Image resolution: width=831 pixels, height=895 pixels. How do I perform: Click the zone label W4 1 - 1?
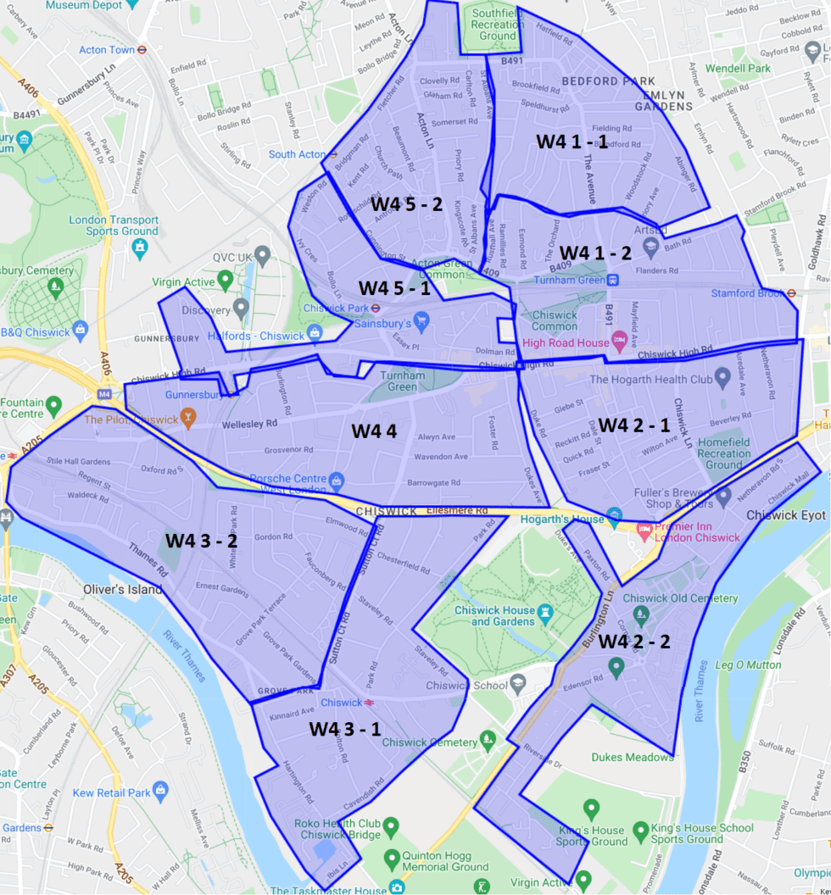[x=572, y=142]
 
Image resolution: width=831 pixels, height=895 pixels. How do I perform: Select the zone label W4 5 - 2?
[x=406, y=204]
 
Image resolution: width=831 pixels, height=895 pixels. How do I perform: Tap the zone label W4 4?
[x=374, y=431]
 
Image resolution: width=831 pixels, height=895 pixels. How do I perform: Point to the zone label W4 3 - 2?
[x=200, y=540]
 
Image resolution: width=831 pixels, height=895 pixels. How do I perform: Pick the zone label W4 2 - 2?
[x=634, y=642]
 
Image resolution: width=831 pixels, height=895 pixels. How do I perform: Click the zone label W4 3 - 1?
[x=344, y=728]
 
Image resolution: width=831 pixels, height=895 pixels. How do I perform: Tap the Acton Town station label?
[x=107, y=50]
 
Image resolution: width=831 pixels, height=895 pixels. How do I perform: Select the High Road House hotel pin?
[x=621, y=342]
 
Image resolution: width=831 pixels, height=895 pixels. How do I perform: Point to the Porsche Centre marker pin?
[x=337, y=481]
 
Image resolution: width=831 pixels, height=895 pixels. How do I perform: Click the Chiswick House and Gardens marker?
[x=546, y=612]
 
